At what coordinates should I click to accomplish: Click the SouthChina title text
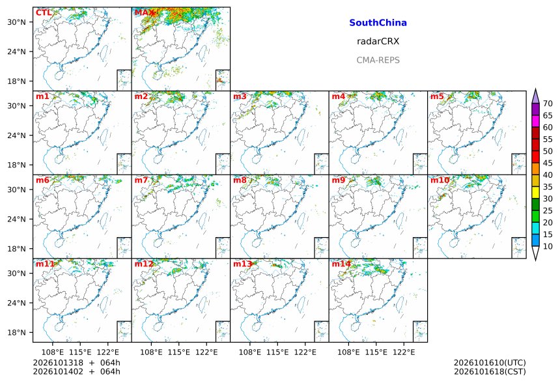tap(378, 23)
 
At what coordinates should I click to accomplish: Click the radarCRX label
tap(378, 42)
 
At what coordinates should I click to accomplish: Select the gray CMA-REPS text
tap(378, 60)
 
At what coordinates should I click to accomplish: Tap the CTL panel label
tap(44, 13)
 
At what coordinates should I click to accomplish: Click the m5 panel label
tap(437, 96)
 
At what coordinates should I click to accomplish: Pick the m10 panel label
tap(440, 180)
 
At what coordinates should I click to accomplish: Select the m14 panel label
tap(341, 264)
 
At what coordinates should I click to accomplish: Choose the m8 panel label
tap(240, 180)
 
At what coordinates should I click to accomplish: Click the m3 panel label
tap(240, 96)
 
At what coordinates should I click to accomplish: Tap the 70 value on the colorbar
tap(548, 104)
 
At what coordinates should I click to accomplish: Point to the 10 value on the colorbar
tap(548, 246)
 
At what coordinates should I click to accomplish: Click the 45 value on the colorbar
tap(548, 163)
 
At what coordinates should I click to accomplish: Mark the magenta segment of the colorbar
tap(535, 121)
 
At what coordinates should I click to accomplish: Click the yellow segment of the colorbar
tap(535, 193)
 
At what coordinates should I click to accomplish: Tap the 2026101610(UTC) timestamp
tap(490, 363)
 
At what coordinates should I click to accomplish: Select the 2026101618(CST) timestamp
tap(490, 371)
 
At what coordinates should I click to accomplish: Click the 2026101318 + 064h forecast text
tap(76, 363)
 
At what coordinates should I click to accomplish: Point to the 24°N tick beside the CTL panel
tap(17, 51)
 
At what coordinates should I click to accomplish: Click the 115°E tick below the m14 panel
tap(376, 352)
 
